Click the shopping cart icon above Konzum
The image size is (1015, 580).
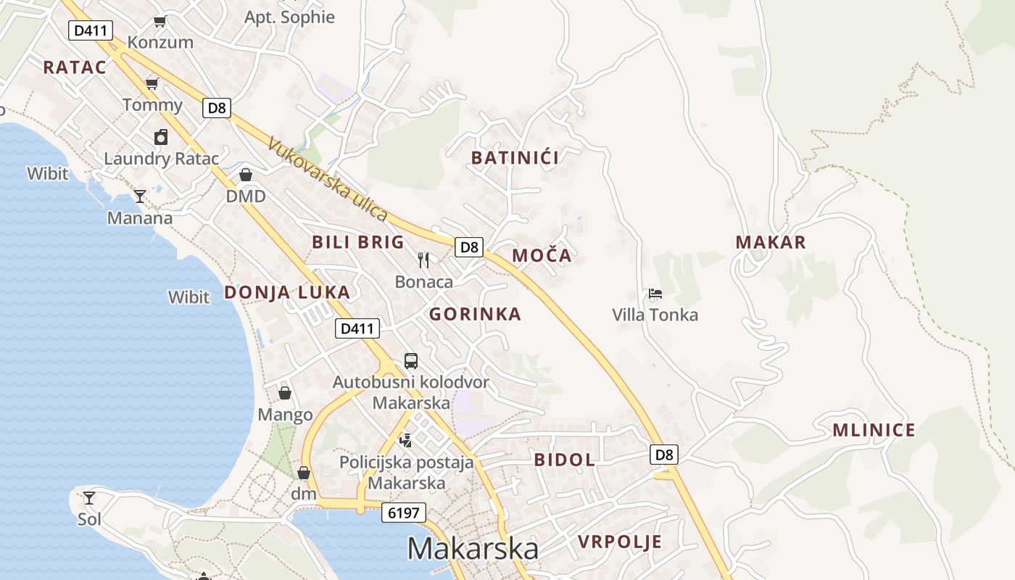[x=160, y=22]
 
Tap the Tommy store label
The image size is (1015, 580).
[x=152, y=105]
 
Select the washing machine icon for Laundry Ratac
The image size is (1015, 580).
[x=160, y=136]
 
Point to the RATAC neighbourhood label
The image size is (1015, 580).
[x=75, y=67]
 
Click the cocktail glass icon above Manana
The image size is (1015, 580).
[x=140, y=196]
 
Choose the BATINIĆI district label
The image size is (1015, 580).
[x=515, y=158]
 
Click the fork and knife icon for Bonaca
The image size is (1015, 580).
[x=424, y=260]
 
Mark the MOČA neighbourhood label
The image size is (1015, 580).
[x=542, y=255]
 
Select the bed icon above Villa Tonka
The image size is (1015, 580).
[x=655, y=294]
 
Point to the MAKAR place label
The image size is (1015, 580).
[x=771, y=242]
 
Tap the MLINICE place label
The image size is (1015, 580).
[x=874, y=430]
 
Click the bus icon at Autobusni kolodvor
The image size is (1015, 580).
[x=411, y=360]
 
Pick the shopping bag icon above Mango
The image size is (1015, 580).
[x=285, y=393]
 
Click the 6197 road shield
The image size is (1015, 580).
[x=403, y=513]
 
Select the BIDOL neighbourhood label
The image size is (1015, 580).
[x=564, y=459]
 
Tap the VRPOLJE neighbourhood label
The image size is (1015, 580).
[x=620, y=542]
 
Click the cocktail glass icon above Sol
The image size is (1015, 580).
[x=89, y=497]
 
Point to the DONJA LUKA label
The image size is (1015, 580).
[x=287, y=292]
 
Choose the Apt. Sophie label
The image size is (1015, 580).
[x=289, y=17]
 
